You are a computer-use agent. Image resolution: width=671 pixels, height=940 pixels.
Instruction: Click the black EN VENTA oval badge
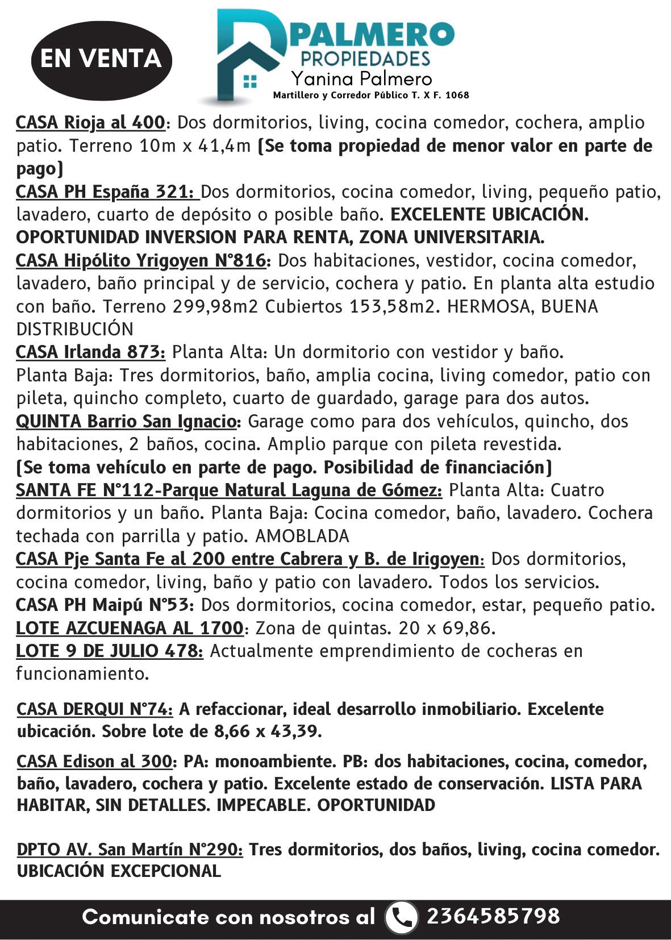[x=101, y=59]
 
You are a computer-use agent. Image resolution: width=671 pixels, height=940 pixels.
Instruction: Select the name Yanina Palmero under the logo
[x=361, y=78]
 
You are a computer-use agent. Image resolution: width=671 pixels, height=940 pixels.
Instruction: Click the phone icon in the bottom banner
[x=402, y=917]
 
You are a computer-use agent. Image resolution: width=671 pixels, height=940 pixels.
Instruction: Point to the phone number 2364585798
[x=493, y=916]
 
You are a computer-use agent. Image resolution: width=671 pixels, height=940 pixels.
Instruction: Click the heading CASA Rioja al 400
[x=90, y=123]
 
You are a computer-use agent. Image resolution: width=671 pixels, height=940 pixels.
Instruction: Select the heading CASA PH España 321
[x=107, y=192]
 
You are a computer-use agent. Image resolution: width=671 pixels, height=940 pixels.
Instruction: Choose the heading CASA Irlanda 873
[x=90, y=352]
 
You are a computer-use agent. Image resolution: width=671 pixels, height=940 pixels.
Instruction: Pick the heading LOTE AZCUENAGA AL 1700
[x=130, y=628]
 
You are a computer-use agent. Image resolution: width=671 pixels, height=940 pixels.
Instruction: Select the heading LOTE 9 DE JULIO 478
[x=109, y=651]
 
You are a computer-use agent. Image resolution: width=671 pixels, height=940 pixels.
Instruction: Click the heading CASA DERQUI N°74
[x=95, y=709]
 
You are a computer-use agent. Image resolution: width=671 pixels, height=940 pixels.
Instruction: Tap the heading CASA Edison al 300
[x=94, y=761]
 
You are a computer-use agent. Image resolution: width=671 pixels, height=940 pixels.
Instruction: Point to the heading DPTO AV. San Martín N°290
[x=130, y=850]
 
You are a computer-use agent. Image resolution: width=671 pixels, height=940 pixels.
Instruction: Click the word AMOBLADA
[x=302, y=536]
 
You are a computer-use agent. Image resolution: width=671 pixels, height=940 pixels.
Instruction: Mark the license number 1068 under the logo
[x=457, y=95]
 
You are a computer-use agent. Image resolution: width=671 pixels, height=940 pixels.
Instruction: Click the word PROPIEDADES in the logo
[x=365, y=58]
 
